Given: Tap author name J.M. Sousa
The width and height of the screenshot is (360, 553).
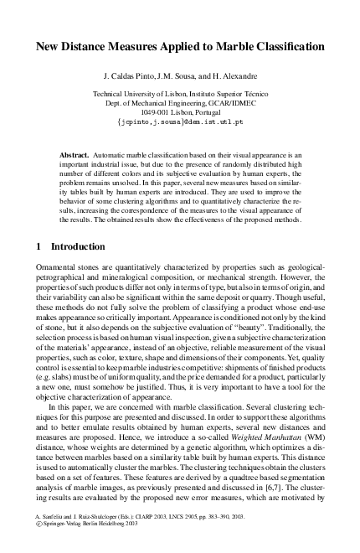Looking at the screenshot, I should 200,74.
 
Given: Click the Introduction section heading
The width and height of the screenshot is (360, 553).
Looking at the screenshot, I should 79,247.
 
